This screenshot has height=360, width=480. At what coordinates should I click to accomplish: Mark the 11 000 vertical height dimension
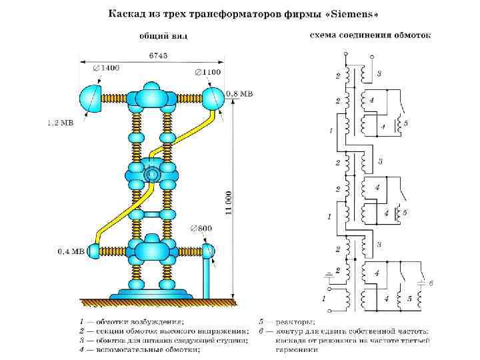tap(228, 203)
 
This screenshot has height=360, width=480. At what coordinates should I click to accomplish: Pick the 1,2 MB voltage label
tap(60, 123)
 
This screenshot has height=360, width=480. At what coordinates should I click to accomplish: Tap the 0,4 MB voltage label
tap(70, 251)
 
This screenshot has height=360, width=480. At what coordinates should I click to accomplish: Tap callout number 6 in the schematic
tap(431, 283)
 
